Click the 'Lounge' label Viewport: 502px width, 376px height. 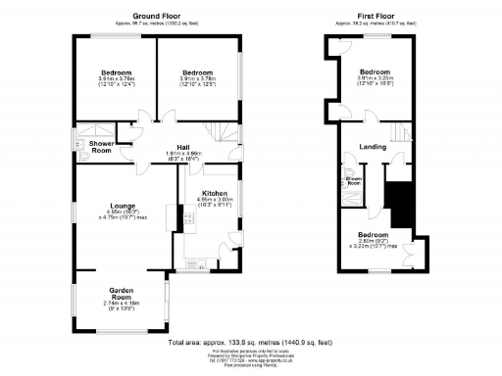[122, 205]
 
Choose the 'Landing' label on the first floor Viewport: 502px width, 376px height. [373, 148]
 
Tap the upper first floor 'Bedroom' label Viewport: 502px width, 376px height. [375, 72]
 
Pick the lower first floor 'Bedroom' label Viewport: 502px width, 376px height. [373, 236]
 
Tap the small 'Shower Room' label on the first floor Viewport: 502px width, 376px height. [354, 182]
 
